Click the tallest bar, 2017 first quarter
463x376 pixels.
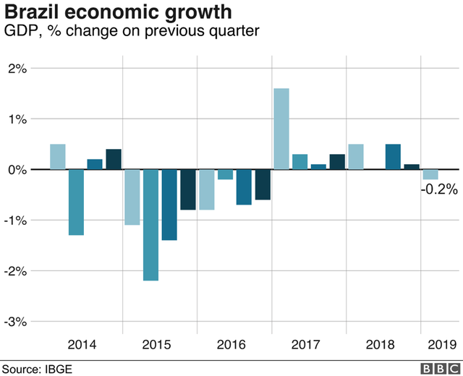coord(281,129)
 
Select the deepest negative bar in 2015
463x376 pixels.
coord(150,224)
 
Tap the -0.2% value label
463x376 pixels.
coord(438,189)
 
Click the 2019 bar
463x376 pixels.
coord(430,174)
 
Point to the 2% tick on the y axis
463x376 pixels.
coord(17,69)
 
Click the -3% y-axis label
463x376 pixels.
coord(15,321)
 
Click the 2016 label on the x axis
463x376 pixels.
coord(231,344)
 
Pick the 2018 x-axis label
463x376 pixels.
coord(381,344)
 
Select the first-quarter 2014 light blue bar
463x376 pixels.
coord(58,157)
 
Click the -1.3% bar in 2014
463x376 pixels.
coord(76,202)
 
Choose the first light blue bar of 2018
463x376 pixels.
coord(356,157)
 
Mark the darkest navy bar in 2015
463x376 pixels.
coord(188,189)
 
